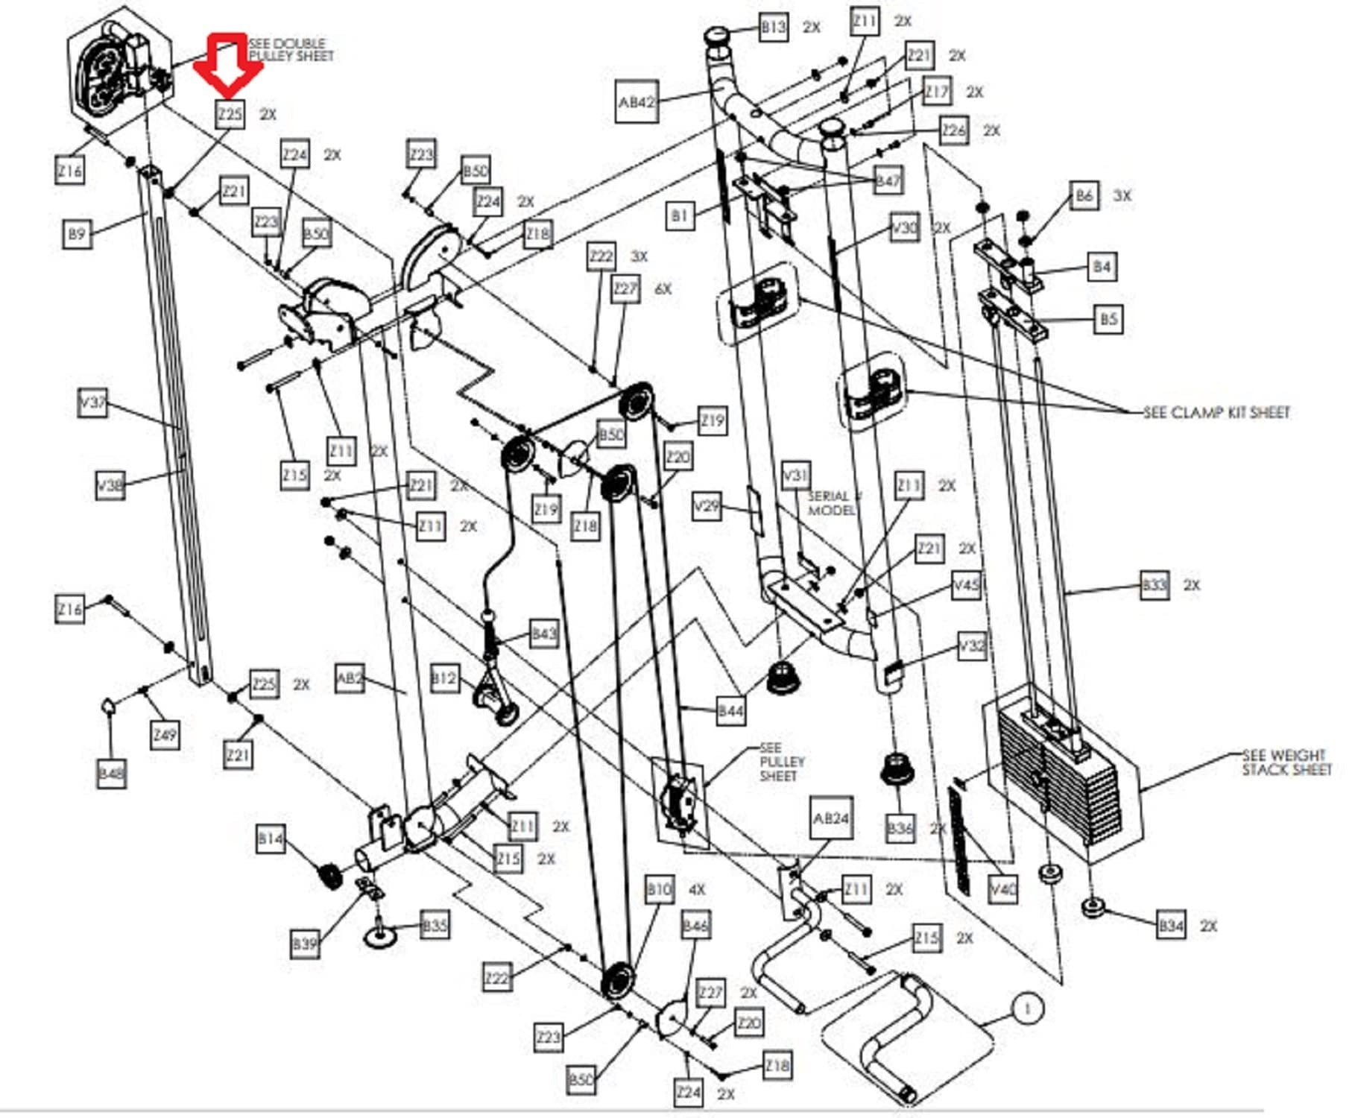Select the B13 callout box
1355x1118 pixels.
[x=773, y=28]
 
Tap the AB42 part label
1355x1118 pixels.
[x=637, y=101]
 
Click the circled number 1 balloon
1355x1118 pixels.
[x=1028, y=1009]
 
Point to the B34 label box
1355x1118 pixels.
[x=1171, y=926]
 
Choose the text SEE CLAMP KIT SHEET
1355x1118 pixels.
[x=1216, y=412]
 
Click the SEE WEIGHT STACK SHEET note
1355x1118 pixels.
[x=1286, y=762]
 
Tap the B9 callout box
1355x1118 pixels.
[x=77, y=234]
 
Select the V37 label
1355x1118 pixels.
[x=92, y=402]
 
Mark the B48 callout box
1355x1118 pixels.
[x=110, y=773]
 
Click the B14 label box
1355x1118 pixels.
[x=270, y=839]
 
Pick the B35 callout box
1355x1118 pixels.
[x=435, y=926]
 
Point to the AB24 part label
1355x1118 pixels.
[x=831, y=818]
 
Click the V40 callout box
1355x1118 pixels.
[x=1003, y=888]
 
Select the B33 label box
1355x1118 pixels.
[x=1155, y=585]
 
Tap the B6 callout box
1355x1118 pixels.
[x=1084, y=196]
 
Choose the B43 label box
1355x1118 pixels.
[x=543, y=634]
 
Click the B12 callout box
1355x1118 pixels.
[x=444, y=679]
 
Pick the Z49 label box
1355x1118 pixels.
[x=165, y=735]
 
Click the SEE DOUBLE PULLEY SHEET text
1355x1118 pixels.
[x=291, y=50]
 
